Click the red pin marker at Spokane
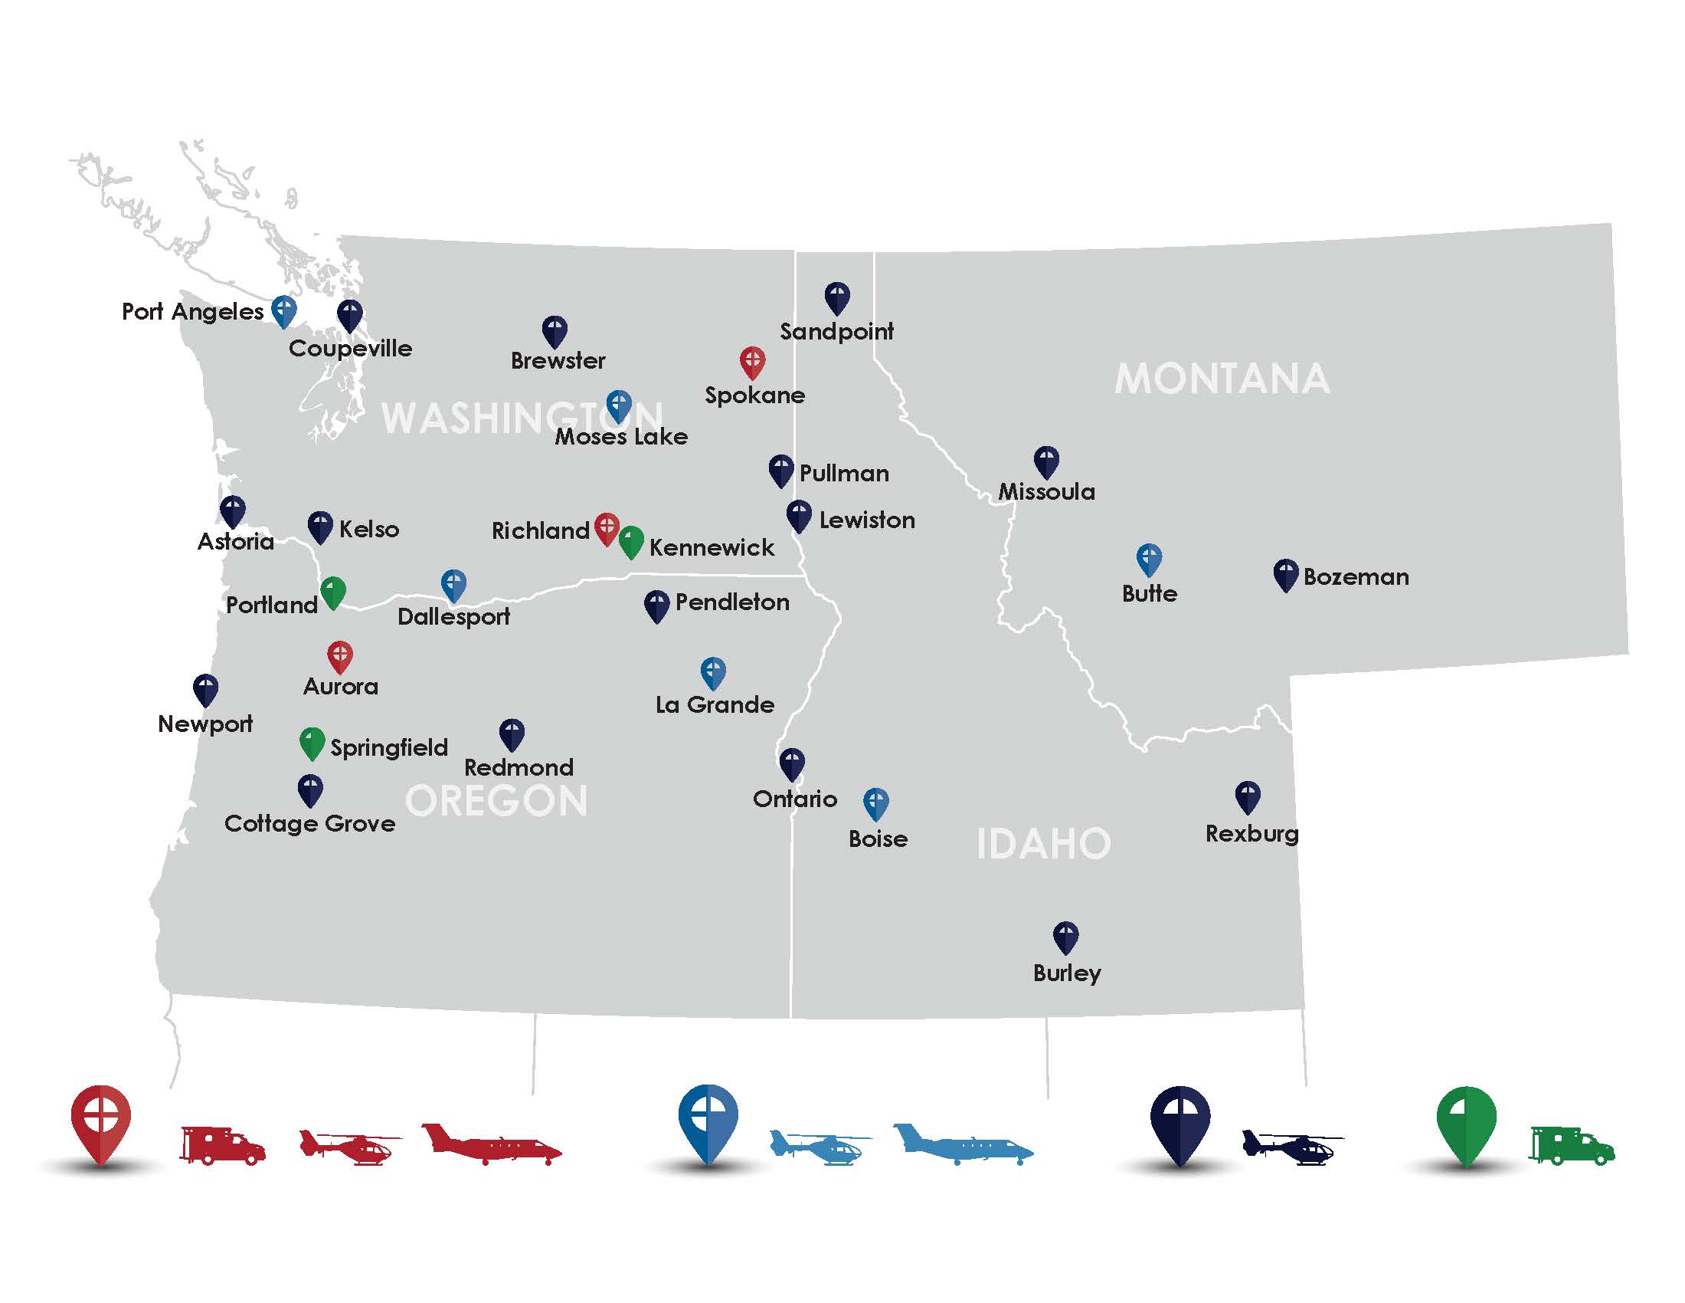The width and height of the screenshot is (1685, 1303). (x=752, y=361)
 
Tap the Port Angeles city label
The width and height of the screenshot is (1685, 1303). (x=193, y=311)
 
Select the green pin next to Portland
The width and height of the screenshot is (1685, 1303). (x=332, y=592)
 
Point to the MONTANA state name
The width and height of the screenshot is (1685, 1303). (x=1222, y=378)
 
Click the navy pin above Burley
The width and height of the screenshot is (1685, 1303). (x=1065, y=937)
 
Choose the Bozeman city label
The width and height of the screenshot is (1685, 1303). (x=1356, y=576)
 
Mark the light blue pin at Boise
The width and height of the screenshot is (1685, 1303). (x=875, y=802)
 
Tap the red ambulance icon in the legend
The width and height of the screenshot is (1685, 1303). (x=223, y=1144)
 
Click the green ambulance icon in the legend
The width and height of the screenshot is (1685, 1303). (x=1571, y=1145)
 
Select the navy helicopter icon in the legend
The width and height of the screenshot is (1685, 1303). (x=1292, y=1147)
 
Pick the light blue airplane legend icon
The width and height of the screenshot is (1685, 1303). (x=963, y=1144)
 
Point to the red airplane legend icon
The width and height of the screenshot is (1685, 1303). (x=492, y=1144)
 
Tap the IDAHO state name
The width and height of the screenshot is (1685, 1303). (x=1043, y=843)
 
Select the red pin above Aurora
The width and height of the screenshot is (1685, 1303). (x=340, y=656)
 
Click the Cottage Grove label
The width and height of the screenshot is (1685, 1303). (x=309, y=823)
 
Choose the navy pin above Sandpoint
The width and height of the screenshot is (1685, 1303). (x=837, y=297)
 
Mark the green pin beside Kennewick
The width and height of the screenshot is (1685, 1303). (x=631, y=541)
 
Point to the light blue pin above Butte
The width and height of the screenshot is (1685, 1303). (x=1149, y=559)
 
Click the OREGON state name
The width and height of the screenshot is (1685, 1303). (x=496, y=800)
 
